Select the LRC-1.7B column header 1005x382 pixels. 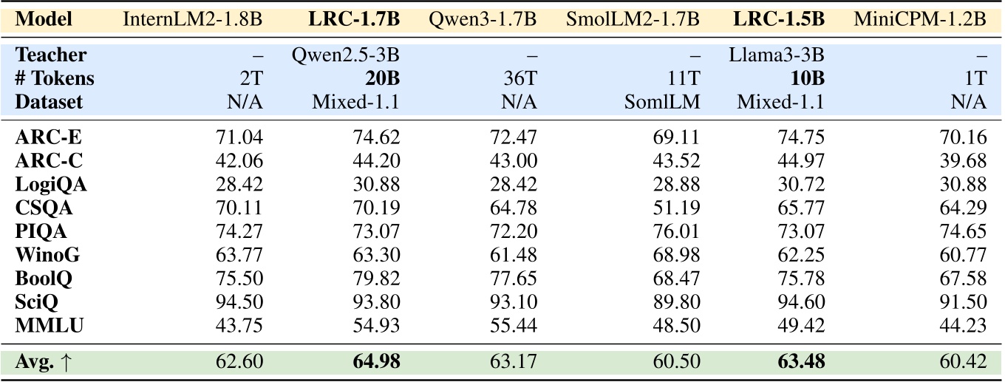[353, 18]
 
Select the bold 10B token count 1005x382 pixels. [808, 78]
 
